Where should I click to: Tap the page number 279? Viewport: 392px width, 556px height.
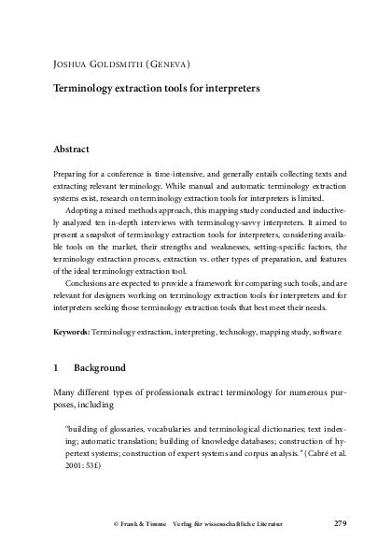[x=340, y=522]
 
